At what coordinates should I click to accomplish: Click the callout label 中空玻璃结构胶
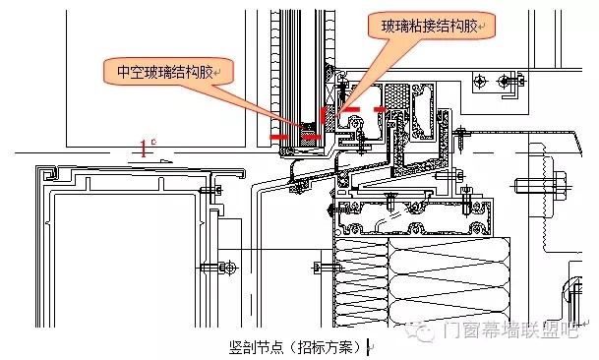tap(164, 72)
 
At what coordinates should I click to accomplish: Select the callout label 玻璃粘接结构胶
tap(430, 27)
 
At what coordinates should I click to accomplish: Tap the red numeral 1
tap(144, 149)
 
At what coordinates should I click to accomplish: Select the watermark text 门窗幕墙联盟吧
tap(510, 330)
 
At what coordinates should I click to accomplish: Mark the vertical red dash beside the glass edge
tap(324, 115)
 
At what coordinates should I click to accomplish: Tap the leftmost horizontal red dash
tap(279, 137)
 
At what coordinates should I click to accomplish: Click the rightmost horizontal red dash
tap(380, 110)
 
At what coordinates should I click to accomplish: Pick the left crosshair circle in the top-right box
tap(480, 81)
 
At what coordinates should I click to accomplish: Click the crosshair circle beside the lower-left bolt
tap(229, 268)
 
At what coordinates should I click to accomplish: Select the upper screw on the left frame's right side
tap(210, 190)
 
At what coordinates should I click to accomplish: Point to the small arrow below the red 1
tap(166, 161)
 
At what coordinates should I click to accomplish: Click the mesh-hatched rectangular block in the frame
tap(396, 96)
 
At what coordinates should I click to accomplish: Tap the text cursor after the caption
tap(368, 347)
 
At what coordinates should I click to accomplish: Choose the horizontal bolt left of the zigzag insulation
tap(324, 268)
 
